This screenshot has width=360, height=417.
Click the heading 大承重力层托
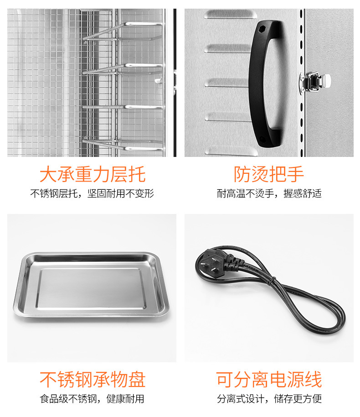(93, 174)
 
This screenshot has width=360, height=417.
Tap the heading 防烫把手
(268, 174)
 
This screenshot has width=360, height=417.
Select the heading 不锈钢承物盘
(93, 380)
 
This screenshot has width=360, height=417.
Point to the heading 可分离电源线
(269, 380)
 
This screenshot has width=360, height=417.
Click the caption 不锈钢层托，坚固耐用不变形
(92, 193)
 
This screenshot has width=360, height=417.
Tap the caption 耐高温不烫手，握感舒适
(269, 193)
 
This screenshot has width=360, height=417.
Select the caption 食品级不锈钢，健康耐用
(92, 399)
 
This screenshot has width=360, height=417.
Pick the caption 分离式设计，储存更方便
(269, 399)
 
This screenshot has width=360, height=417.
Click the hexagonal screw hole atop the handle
(262, 29)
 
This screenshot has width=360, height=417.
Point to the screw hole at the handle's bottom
(262, 139)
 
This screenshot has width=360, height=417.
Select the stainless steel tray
(92, 285)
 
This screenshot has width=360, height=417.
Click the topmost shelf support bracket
(123, 32)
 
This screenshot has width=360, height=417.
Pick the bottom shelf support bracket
(123, 145)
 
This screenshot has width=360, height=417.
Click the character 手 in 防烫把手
(295, 174)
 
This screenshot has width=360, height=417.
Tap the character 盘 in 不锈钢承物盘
(137, 380)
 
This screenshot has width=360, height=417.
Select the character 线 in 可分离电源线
(313, 380)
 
